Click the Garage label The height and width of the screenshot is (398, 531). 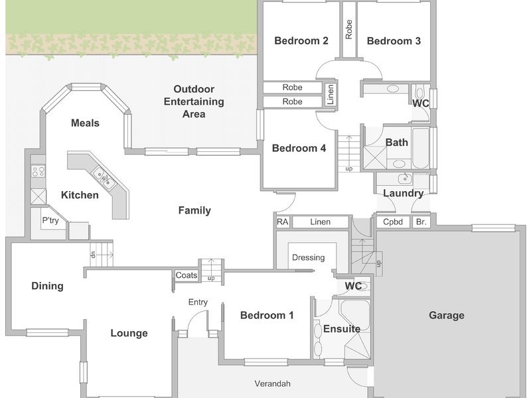[x=446, y=316]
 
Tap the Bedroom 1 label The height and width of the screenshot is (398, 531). [x=267, y=316]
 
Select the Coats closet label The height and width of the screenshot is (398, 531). [x=187, y=275]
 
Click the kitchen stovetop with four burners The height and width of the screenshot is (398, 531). [x=38, y=171]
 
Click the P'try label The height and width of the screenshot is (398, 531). [x=50, y=220]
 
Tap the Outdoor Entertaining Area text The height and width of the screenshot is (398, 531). [x=194, y=101]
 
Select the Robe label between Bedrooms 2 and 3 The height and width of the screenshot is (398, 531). [x=349, y=29]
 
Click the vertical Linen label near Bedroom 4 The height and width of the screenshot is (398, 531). [x=331, y=94]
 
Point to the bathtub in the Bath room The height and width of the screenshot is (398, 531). [x=421, y=148]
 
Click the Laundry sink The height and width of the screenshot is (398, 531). [x=405, y=178]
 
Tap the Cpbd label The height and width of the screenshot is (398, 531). [x=393, y=222]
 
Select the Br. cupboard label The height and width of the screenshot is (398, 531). [x=421, y=222]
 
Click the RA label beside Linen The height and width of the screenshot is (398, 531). [x=283, y=222]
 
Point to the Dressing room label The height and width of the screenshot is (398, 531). [x=308, y=258]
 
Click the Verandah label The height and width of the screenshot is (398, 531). [x=272, y=384]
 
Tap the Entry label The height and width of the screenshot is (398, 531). [x=198, y=302]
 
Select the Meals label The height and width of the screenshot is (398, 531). [x=85, y=123]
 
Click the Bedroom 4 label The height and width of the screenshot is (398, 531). [x=299, y=148]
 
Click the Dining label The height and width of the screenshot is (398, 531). [x=47, y=287]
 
